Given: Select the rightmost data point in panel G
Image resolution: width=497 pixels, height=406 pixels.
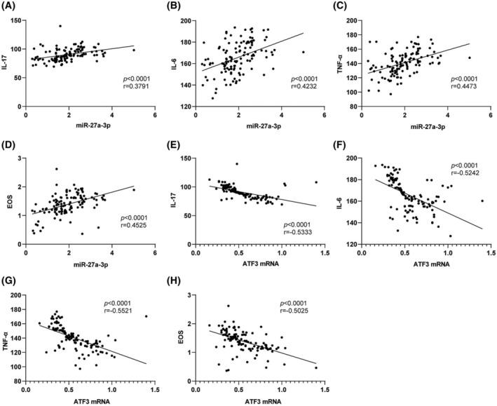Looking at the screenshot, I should tap(146, 316).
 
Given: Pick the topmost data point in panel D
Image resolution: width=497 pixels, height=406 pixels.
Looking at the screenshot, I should tap(57, 169).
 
